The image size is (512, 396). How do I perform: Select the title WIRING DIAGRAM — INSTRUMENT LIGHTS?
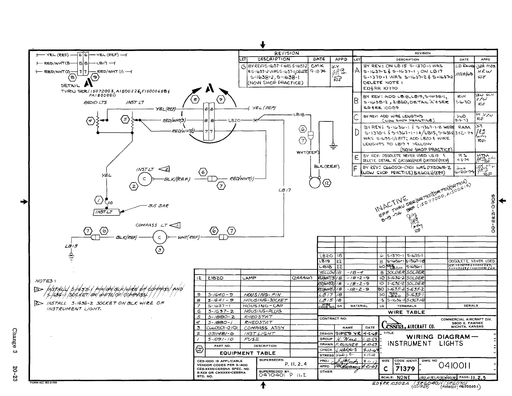[x=438, y=340]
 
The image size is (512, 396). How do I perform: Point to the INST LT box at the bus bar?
[x=103, y=212]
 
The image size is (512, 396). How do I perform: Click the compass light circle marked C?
[x=160, y=237]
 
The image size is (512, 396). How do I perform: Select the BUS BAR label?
[x=158, y=206]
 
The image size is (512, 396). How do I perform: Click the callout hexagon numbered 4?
[x=90, y=121]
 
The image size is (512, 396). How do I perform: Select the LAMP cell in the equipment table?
[x=249, y=278]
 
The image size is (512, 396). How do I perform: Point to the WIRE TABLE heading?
[x=406, y=312]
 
